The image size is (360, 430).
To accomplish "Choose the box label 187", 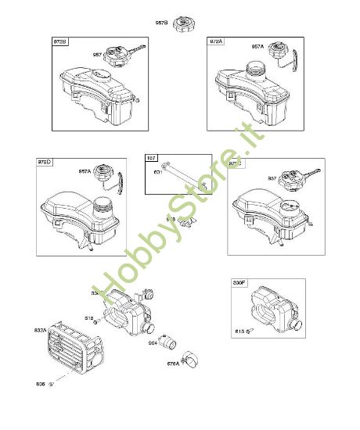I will point(153,158).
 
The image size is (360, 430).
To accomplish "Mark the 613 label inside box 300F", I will point(239,331).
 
